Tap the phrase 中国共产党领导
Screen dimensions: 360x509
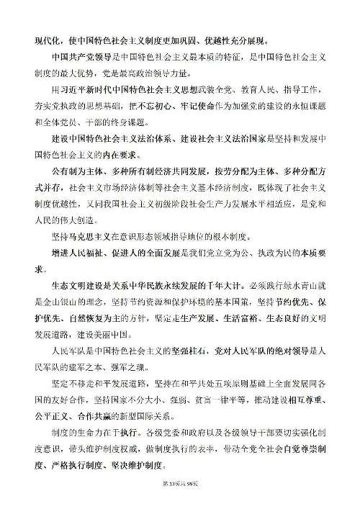[78, 57]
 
